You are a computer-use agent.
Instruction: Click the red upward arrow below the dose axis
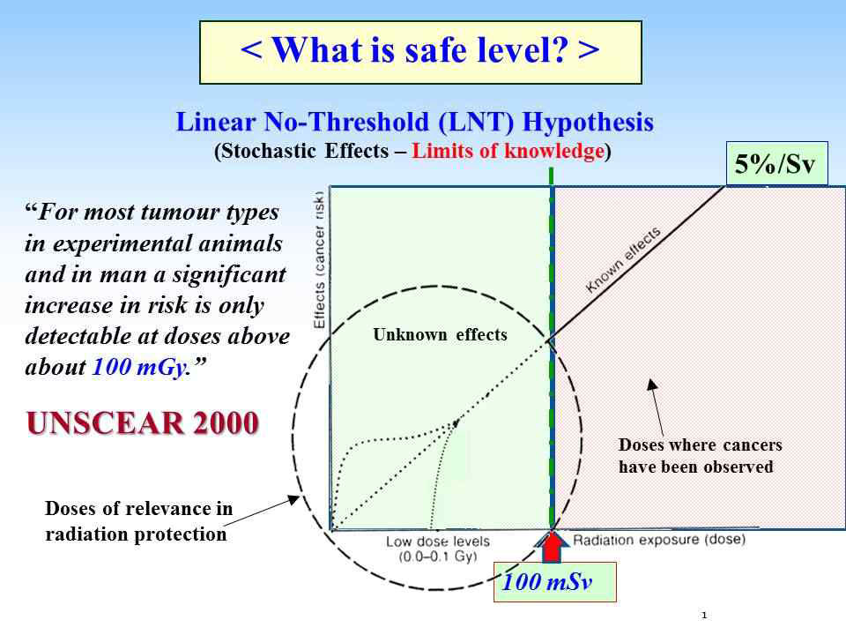pos(552,547)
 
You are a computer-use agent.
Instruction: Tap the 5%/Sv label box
pos(776,164)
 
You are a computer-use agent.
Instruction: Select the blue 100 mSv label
pos(547,582)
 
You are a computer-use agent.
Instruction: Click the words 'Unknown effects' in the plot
pos(441,335)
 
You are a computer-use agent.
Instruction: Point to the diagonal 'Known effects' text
pos(623,259)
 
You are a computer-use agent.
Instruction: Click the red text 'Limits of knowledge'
pos(508,151)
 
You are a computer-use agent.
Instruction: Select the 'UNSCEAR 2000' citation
pos(143,422)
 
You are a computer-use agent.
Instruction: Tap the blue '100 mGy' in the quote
pos(139,367)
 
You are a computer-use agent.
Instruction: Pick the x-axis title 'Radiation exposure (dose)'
pos(659,540)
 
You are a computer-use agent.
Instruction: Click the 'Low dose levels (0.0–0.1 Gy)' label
pos(438,549)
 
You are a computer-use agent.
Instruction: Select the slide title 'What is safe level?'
pos(420,50)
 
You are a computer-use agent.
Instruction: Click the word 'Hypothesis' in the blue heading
pos(588,122)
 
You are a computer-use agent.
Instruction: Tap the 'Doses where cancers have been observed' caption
pos(701,456)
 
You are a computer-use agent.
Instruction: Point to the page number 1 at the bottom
pos(704,615)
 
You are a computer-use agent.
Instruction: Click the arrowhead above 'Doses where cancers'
pos(652,384)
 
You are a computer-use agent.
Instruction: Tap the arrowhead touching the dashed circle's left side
pos(293,499)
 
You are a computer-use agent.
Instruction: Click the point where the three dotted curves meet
pos(455,424)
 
